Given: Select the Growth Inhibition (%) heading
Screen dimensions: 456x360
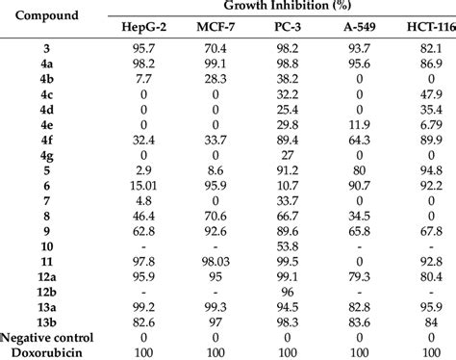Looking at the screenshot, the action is coord(286,9).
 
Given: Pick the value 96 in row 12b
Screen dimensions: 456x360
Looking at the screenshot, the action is coord(286,292).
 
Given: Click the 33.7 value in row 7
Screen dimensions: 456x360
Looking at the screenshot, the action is coord(286,199).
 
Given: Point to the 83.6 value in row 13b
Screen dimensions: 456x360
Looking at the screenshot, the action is coord(358,322).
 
